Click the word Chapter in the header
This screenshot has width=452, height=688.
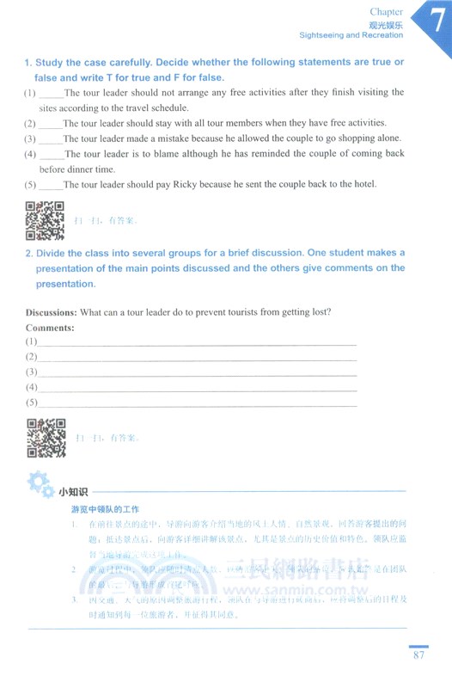pos(385,11)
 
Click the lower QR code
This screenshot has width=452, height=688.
pos(46,438)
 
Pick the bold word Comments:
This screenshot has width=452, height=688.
pos(50,328)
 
